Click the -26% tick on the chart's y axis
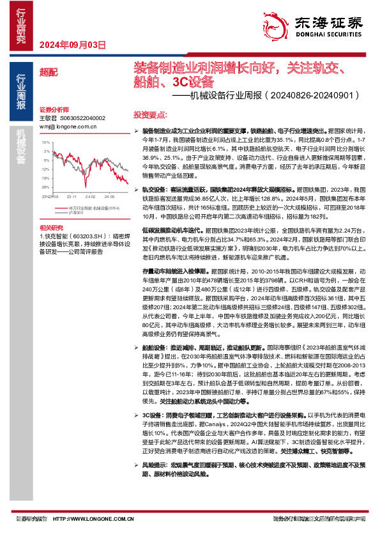click(x=46, y=187)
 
